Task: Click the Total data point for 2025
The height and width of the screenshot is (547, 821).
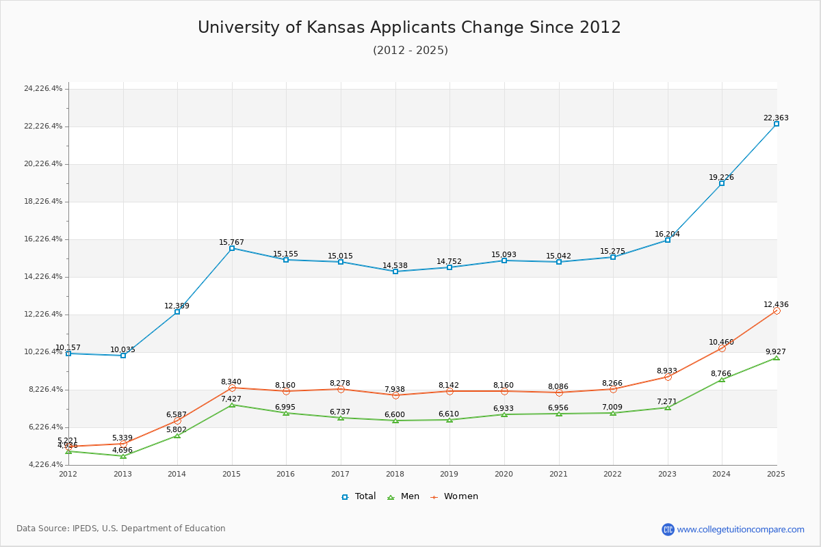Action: [777, 124]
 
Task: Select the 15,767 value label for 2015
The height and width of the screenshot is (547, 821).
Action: [231, 243]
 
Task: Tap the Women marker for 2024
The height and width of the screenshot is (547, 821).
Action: [722, 348]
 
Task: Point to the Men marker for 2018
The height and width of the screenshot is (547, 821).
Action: [395, 421]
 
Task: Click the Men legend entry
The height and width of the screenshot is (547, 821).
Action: [403, 496]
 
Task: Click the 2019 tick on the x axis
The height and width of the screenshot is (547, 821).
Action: [449, 474]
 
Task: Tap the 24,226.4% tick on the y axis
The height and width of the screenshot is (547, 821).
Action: [43, 89]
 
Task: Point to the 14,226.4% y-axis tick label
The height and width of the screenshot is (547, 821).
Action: [43, 277]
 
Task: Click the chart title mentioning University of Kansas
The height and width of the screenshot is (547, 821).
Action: [409, 27]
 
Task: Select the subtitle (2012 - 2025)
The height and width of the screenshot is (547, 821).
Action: [410, 51]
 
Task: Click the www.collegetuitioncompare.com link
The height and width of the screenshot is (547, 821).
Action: [740, 529]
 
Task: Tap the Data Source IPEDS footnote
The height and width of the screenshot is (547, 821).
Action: [121, 529]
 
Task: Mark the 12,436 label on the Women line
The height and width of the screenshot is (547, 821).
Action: [776, 305]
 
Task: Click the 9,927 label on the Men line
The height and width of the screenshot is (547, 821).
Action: [776, 352]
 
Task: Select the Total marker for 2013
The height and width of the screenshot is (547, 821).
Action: [123, 356]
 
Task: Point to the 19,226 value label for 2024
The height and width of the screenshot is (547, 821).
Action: [721, 178]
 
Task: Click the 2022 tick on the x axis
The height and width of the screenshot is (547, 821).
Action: [613, 474]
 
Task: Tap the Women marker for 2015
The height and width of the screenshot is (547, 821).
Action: [232, 388]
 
